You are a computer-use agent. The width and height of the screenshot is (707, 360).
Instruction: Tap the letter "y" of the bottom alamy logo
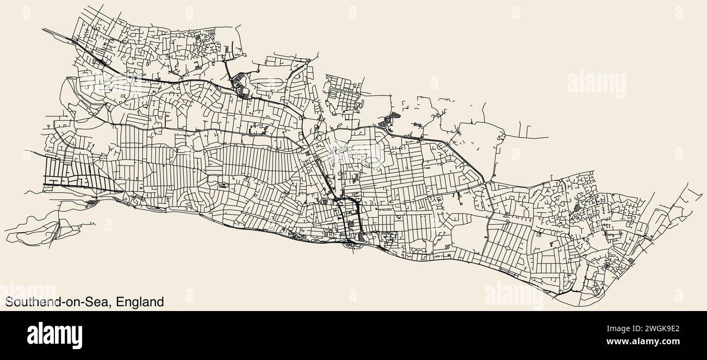point(77,337)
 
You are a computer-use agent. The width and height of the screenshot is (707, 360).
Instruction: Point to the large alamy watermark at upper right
point(596,84)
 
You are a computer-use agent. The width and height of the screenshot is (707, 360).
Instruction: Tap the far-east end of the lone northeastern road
point(548,137)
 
